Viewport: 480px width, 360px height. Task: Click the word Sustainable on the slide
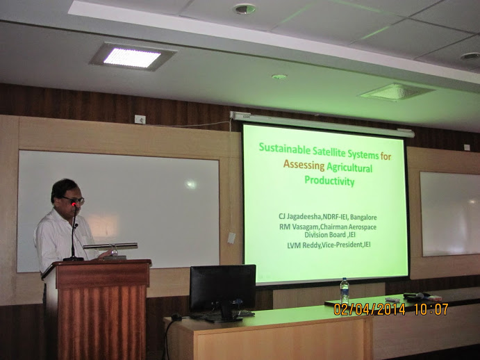[x=284, y=149]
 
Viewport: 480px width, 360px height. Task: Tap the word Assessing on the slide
[x=304, y=165]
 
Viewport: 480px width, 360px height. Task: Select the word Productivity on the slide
[x=329, y=180]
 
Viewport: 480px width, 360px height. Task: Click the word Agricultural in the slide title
[x=349, y=167]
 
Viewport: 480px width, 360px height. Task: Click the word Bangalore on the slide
[x=363, y=218]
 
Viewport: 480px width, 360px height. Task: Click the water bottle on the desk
[x=345, y=291]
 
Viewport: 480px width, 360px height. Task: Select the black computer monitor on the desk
[x=222, y=291]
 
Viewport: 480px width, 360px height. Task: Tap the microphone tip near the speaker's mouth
[x=74, y=204]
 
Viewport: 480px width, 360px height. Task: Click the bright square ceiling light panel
[x=132, y=57]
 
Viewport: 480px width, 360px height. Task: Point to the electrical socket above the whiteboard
[x=140, y=119]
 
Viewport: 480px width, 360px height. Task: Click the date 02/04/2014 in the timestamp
[x=369, y=309]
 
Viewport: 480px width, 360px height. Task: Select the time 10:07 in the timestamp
[x=431, y=309]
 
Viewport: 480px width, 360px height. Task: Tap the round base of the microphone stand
[x=73, y=259]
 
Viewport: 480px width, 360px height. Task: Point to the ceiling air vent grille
[x=397, y=92]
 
